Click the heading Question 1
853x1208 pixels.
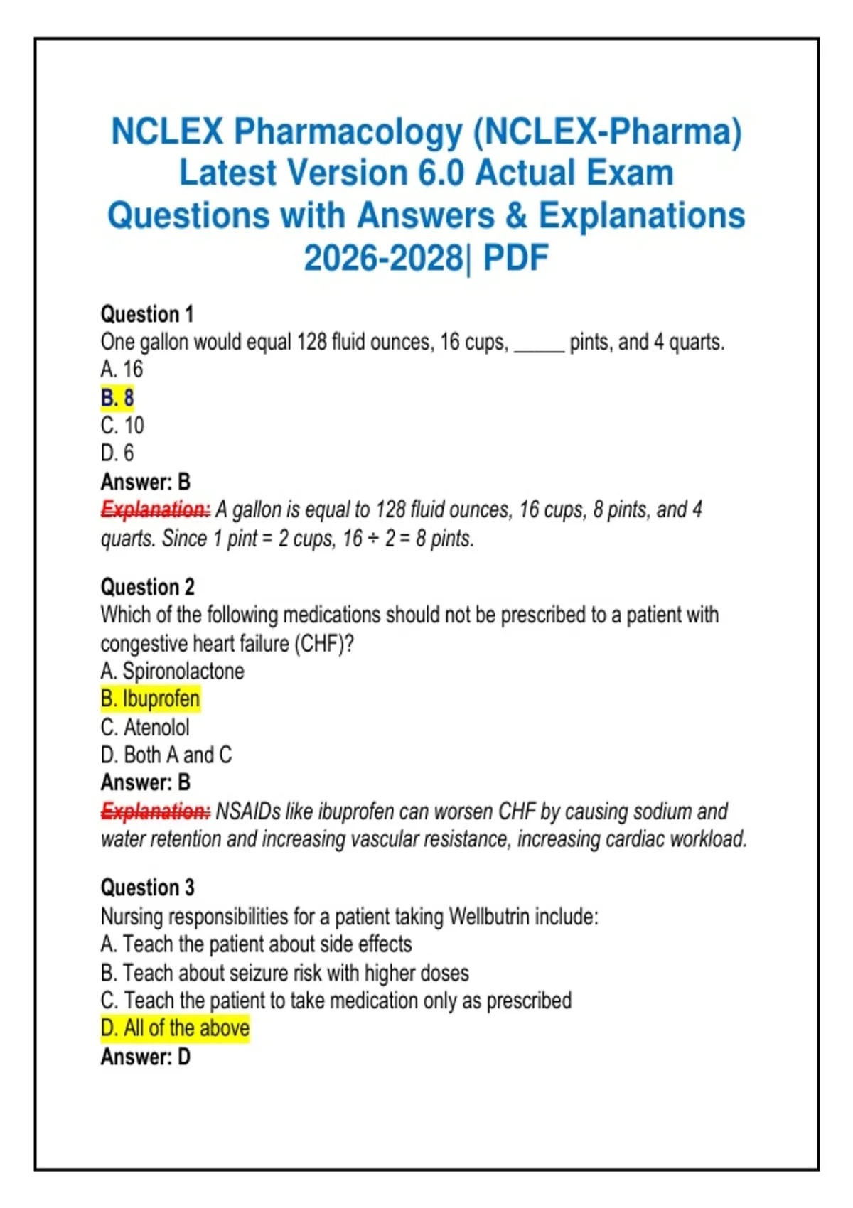(146, 314)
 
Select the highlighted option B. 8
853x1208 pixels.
(117, 398)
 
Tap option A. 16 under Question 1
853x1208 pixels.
(122, 370)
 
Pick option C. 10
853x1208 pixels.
(122, 426)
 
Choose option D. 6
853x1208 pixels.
(117, 453)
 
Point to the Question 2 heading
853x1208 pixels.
(147, 587)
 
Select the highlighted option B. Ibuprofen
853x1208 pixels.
(150, 699)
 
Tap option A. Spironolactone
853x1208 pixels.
(172, 672)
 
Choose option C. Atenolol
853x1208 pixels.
(145, 728)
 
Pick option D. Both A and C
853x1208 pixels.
(166, 755)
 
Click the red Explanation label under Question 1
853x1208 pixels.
(156, 509)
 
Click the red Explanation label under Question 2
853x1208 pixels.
(156, 811)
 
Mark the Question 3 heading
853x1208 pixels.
(147, 888)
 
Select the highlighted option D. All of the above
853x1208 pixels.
(175, 1028)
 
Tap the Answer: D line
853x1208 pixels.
(146, 1057)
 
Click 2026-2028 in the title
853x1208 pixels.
(383, 258)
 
